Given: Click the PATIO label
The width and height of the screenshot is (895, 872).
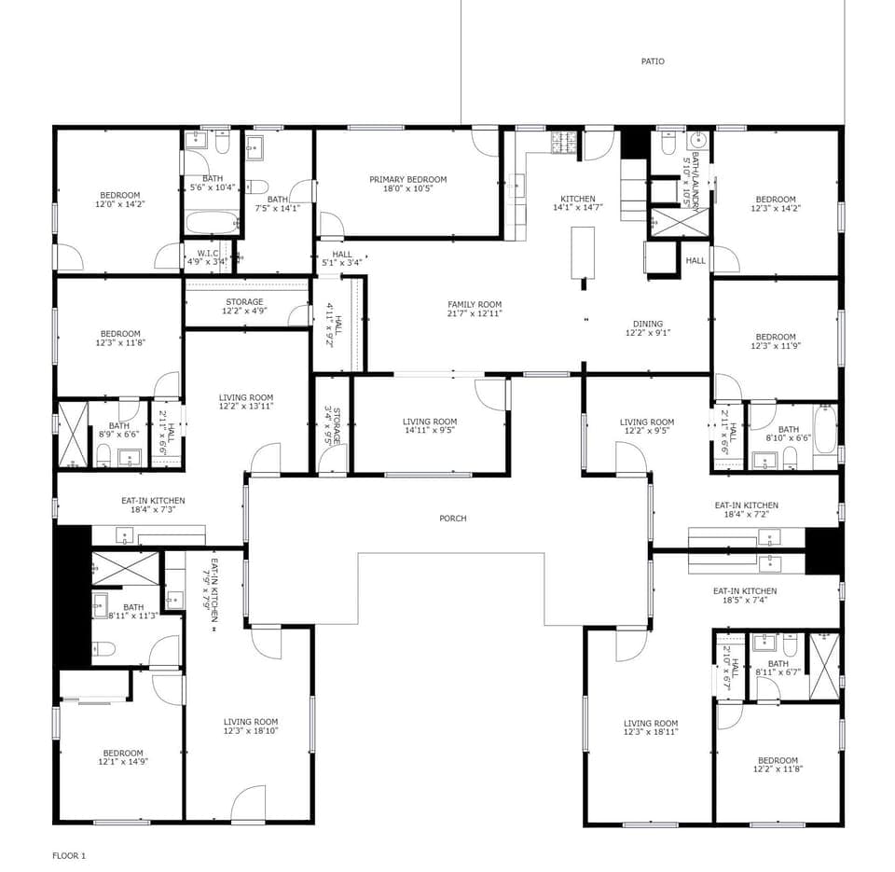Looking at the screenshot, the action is click(653, 62).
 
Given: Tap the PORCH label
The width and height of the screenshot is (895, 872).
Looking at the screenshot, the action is click(453, 519).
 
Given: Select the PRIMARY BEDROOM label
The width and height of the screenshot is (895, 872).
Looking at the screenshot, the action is click(408, 179).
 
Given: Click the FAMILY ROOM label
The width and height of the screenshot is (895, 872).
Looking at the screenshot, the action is click(475, 304).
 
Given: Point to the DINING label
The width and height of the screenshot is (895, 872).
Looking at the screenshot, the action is click(648, 324).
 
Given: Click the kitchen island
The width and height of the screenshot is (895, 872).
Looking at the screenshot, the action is click(583, 253).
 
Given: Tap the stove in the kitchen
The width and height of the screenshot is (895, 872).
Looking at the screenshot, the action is click(564, 142).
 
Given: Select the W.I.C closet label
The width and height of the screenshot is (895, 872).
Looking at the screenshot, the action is click(208, 253).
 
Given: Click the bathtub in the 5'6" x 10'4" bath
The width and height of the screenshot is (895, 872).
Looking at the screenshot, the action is click(213, 223).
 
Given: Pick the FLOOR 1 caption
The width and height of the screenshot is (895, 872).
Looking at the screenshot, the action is click(69, 855).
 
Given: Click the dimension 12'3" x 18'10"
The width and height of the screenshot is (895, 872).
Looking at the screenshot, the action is click(251, 730).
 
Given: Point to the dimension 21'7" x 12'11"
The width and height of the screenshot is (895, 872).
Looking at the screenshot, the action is click(475, 313).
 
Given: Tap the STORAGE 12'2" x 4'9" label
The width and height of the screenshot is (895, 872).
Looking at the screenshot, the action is click(245, 306).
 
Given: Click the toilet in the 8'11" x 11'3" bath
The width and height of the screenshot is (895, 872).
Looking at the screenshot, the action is click(104, 649).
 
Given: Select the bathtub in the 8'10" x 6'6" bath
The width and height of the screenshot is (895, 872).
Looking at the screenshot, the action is click(825, 429).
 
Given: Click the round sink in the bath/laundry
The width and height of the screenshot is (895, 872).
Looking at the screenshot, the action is click(697, 140).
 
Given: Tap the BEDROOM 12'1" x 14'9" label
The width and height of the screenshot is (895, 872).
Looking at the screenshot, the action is click(123, 757).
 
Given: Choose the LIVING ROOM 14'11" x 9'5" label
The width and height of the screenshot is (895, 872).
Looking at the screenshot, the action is click(430, 426).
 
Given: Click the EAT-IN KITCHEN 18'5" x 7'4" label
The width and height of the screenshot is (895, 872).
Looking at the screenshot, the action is click(745, 595).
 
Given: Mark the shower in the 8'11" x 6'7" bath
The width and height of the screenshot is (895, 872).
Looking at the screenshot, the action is click(824, 667).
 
